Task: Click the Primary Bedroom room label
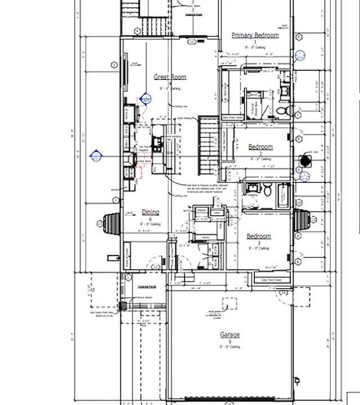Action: coord(255,35)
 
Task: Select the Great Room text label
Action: coord(170,77)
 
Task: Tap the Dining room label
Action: coord(150,212)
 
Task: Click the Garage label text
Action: coord(229,335)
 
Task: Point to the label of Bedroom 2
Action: coord(260,147)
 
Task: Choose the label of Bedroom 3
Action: coord(259,236)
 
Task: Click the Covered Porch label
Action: coord(147,286)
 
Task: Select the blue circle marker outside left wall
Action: coord(96,156)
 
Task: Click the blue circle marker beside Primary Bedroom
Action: coord(299,56)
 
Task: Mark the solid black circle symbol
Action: coord(305,160)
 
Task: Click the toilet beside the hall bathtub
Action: coord(268,191)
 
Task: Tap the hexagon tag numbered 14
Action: coord(284,293)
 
